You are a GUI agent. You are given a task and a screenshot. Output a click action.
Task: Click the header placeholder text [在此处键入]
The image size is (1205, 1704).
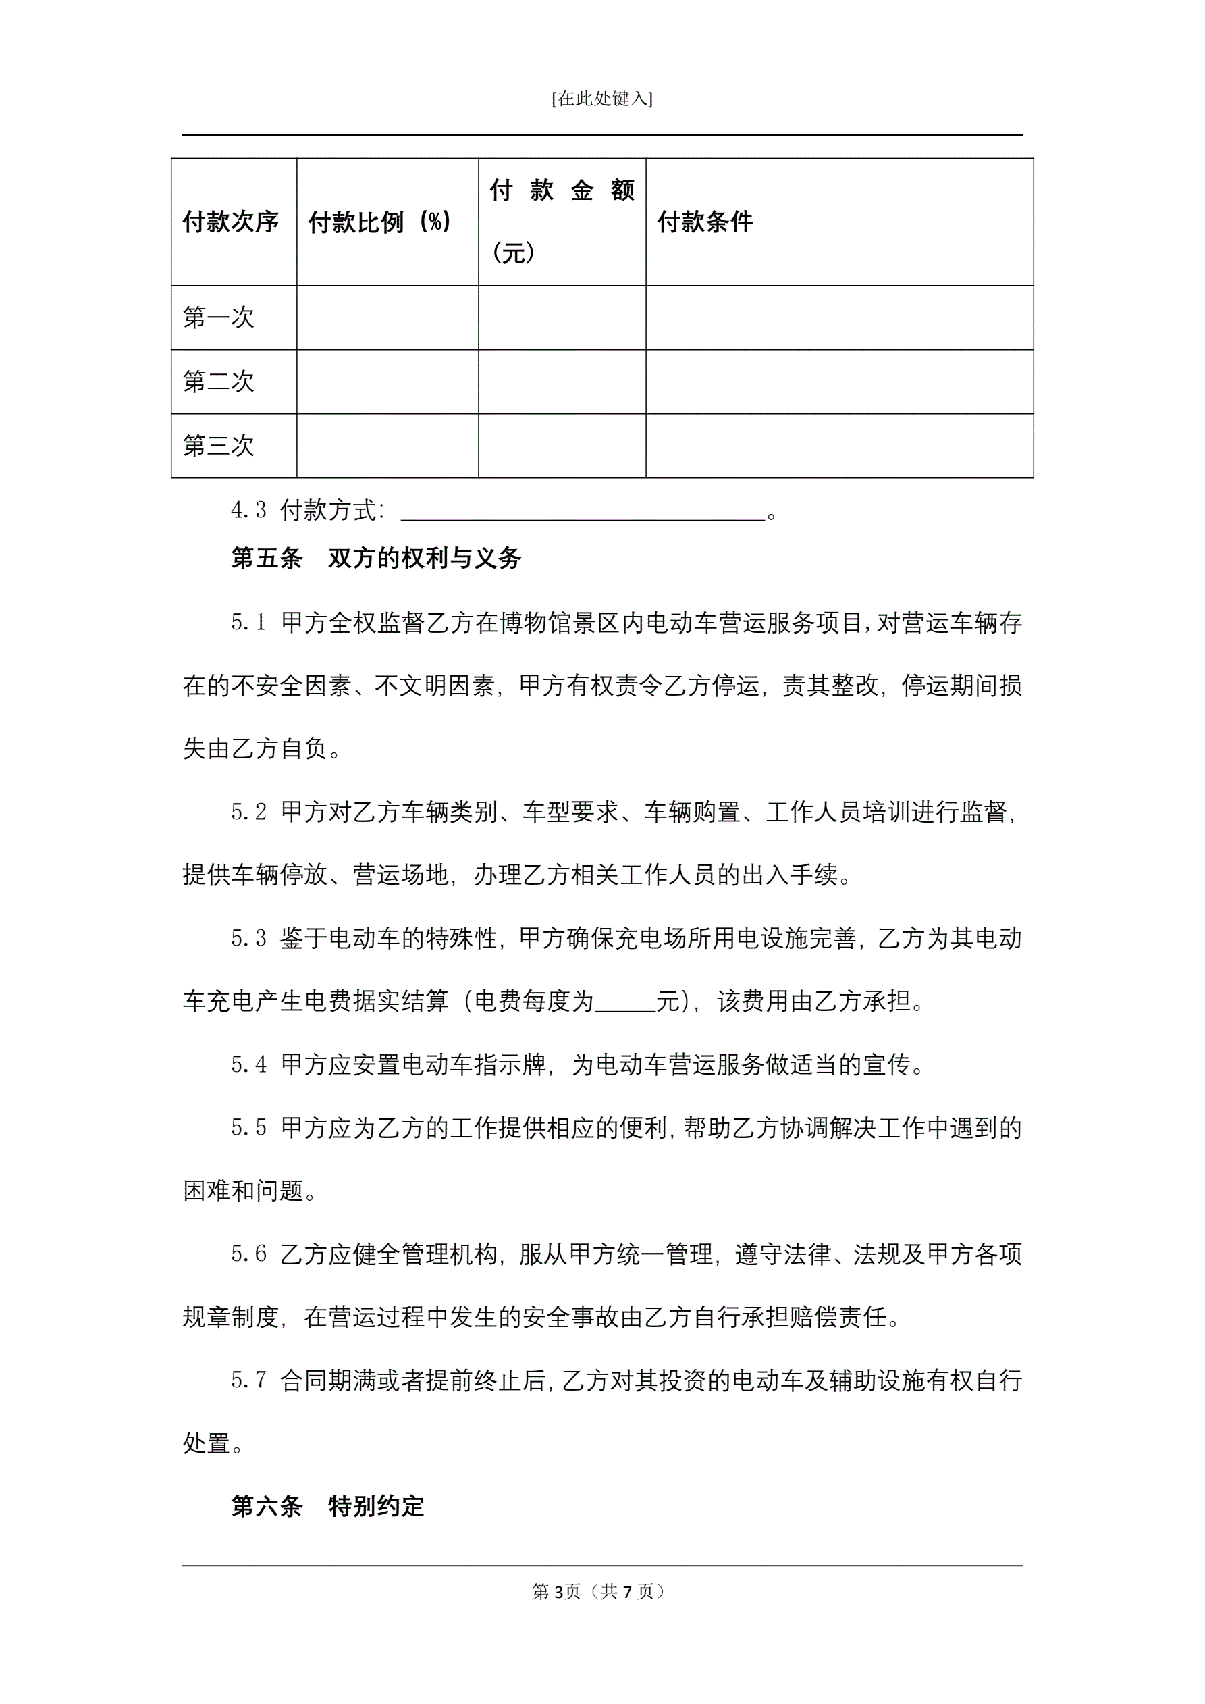(x=601, y=99)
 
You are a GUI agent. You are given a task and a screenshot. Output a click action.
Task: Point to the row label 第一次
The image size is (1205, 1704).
(x=219, y=317)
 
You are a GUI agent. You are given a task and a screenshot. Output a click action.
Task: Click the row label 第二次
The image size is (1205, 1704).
(x=219, y=382)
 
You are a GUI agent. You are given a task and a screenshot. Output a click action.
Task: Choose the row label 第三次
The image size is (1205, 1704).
(x=219, y=445)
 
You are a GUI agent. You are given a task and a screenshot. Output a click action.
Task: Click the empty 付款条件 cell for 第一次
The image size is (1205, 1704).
(x=839, y=317)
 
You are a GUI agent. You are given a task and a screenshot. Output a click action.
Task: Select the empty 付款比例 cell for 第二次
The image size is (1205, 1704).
(x=387, y=382)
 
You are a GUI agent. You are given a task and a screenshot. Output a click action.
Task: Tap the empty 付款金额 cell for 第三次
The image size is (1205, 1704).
(x=562, y=445)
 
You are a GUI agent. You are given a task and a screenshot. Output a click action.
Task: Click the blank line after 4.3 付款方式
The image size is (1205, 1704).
(x=583, y=512)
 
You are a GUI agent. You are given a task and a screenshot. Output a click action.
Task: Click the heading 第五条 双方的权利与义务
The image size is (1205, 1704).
(x=376, y=558)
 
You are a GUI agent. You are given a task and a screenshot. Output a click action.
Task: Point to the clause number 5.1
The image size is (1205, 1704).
(x=248, y=623)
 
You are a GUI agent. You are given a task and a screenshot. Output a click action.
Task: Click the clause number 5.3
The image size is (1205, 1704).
(x=248, y=938)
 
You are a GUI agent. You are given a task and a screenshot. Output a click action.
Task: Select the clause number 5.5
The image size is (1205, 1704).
(x=248, y=1128)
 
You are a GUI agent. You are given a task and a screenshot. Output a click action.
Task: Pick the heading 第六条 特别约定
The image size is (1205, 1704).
(x=328, y=1507)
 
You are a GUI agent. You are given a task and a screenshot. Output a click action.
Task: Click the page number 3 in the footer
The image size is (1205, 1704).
(x=558, y=1591)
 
